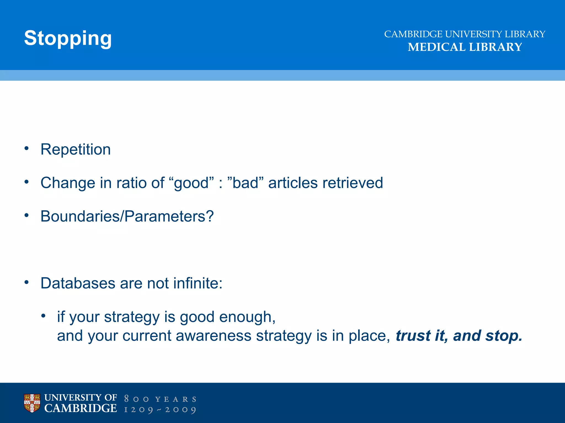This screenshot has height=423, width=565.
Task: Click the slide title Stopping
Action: [68, 38]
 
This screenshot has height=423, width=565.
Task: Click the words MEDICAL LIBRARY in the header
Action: [465, 47]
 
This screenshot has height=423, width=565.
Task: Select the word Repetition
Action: [76, 150]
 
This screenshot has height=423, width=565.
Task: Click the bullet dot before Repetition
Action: [26, 148]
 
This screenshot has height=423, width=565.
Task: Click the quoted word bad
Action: [246, 183]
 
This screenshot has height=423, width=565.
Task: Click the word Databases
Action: [78, 283]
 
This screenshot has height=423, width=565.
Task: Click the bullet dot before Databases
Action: [26, 282]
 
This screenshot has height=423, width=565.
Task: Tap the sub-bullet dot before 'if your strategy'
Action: [43, 316]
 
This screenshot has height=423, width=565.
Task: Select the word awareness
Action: [214, 336]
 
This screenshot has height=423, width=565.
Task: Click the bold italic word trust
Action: [413, 336]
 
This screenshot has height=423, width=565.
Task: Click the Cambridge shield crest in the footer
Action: [32, 403]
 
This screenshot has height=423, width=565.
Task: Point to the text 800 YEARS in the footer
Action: [160, 399]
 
